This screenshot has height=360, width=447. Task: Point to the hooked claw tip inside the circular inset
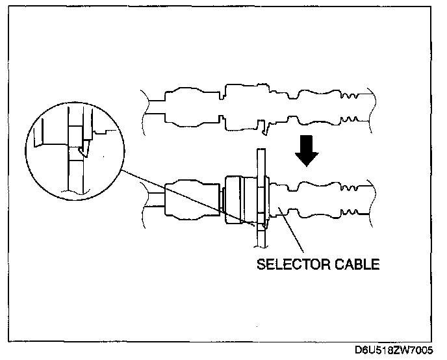pyautogui.click(x=81, y=152)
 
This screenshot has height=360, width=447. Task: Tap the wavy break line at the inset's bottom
pyautogui.click(x=75, y=192)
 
